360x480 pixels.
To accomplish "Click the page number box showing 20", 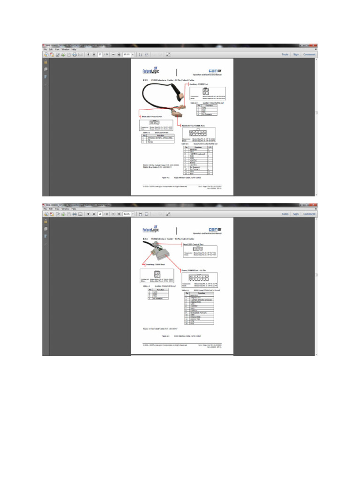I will pyautogui.click(x=100, y=54).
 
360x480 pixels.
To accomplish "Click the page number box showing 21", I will pyautogui.click(x=100, y=214).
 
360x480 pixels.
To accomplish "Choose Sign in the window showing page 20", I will pyautogui.click(x=296, y=54).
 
